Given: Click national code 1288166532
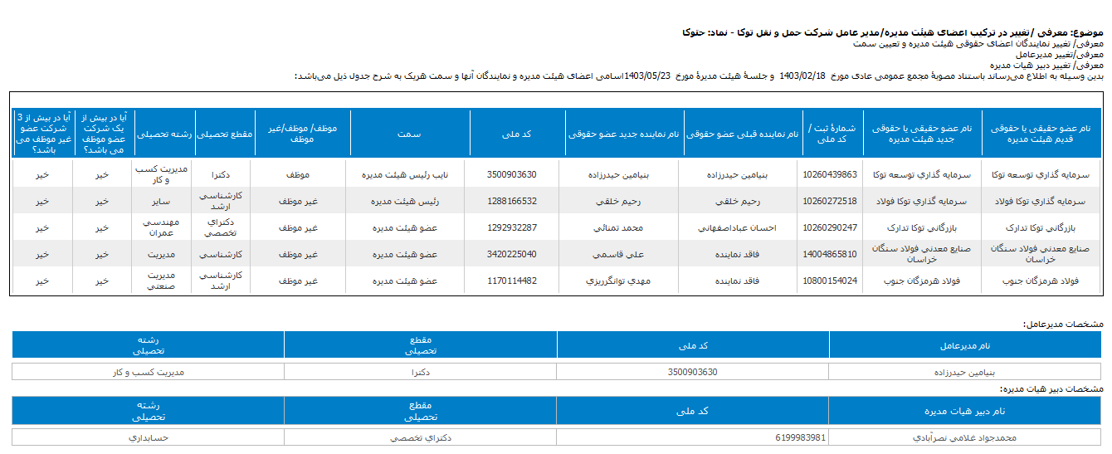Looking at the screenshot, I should point(512,202).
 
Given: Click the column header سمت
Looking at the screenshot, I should point(409,133).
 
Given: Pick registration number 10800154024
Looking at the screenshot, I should point(830,281).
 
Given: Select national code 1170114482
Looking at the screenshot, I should point(512,281).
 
